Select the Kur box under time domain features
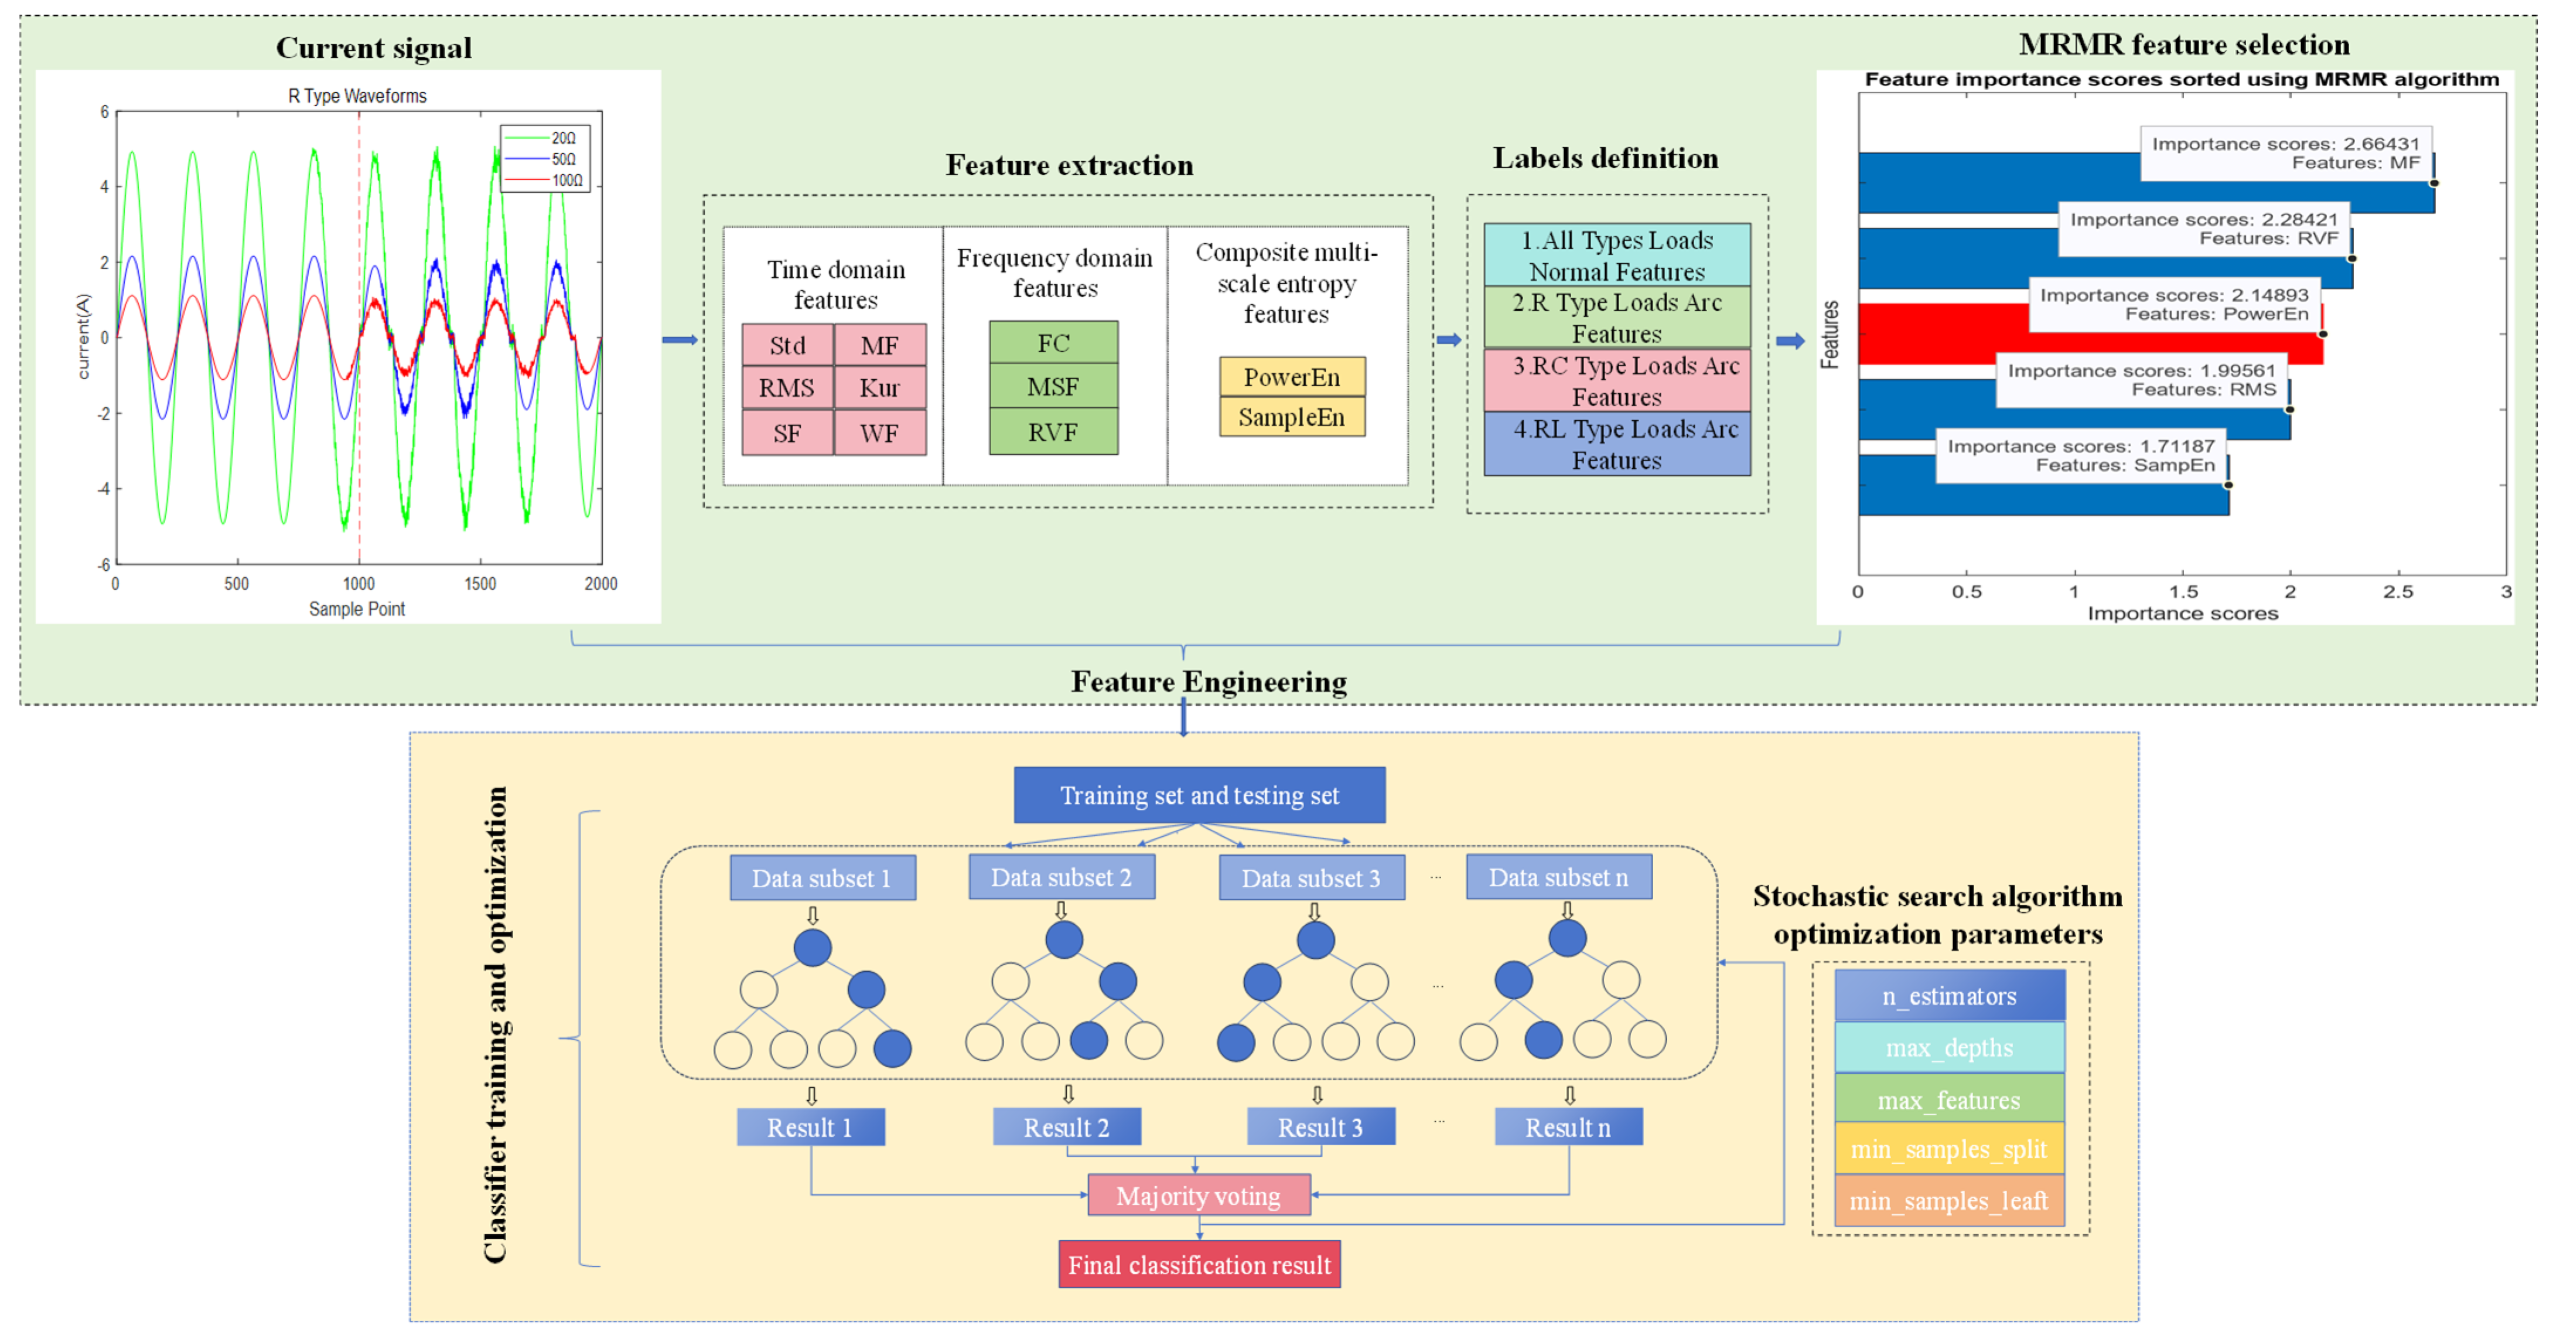coord(880,387)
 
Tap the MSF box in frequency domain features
coord(1053,387)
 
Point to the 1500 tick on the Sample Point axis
coord(480,584)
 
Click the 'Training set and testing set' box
coord(1199,795)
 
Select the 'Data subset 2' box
coord(1062,877)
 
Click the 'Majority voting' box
coord(1199,1196)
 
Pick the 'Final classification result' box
coord(1199,1265)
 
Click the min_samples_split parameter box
coord(1950,1149)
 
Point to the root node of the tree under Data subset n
coord(1567,938)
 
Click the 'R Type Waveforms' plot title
coord(358,96)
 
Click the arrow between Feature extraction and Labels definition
coord(1449,340)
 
